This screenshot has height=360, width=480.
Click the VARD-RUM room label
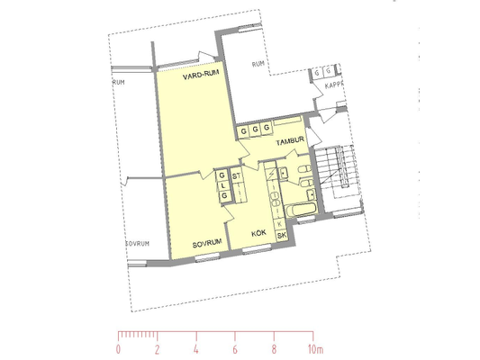(x=201, y=75)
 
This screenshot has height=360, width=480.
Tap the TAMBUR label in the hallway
(x=290, y=140)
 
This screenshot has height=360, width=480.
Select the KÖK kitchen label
(x=258, y=234)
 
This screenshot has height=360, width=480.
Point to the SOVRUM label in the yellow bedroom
(x=207, y=244)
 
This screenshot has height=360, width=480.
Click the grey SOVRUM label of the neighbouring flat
(x=138, y=244)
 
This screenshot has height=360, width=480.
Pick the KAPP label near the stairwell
(x=334, y=85)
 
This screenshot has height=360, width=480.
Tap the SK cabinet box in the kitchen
(x=282, y=235)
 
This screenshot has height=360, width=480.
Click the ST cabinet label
(x=236, y=176)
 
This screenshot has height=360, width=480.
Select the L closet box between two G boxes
(x=223, y=185)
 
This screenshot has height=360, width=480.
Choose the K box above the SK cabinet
(x=280, y=224)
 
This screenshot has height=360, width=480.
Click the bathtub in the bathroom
(x=301, y=209)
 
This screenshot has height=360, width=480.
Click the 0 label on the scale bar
(x=118, y=349)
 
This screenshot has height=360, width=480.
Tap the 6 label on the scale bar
(x=235, y=349)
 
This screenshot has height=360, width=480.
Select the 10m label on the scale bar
(x=315, y=349)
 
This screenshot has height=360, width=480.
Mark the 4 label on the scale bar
(x=196, y=349)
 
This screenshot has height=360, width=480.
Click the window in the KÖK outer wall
(x=257, y=248)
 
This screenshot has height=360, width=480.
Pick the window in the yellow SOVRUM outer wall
(x=207, y=257)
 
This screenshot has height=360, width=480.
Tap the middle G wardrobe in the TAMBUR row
(x=255, y=130)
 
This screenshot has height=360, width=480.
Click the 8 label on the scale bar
(x=274, y=349)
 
